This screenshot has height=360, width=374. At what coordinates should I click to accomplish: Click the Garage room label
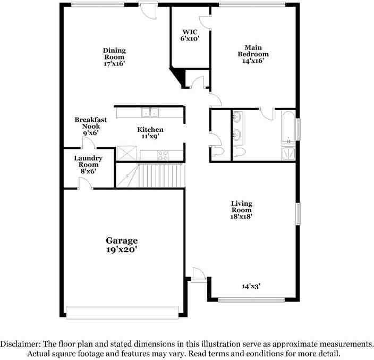point(122,241)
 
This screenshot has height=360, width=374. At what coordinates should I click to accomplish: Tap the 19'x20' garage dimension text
point(122,250)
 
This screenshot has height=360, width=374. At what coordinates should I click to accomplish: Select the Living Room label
point(242,207)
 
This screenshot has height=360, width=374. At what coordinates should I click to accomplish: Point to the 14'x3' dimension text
point(251,286)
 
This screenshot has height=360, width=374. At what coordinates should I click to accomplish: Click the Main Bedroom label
point(253,51)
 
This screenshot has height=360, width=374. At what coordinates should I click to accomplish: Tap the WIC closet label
point(190,32)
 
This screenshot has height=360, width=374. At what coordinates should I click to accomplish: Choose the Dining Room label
point(114,54)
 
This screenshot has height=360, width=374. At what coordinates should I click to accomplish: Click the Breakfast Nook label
point(91,123)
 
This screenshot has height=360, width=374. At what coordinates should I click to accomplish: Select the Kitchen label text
point(150,130)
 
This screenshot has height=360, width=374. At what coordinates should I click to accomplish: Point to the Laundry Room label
point(88,161)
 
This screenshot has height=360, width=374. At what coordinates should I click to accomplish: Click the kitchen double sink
point(150,113)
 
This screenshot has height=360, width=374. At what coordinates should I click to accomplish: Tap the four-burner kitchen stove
point(163,156)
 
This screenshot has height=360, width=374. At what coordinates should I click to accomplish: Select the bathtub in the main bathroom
point(288,127)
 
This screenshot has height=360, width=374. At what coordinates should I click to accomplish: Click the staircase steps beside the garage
point(150,175)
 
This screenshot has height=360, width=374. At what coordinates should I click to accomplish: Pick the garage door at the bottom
point(122,313)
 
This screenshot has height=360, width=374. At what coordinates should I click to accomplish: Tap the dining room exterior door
point(148,10)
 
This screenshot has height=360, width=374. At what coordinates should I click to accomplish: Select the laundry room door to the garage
point(86,184)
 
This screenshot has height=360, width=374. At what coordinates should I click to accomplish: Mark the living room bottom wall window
point(251,299)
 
